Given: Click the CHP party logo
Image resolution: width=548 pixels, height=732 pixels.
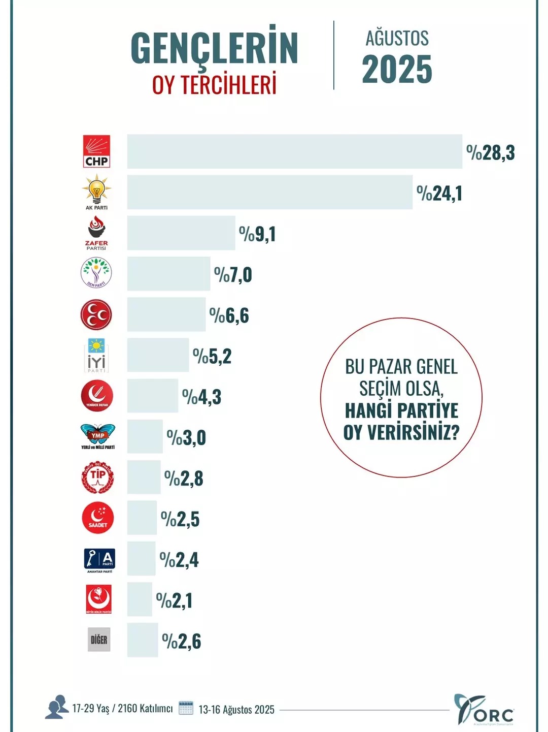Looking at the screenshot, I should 96,151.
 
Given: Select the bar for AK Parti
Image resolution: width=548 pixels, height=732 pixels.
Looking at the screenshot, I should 269,192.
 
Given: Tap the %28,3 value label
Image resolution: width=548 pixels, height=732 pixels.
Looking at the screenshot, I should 490,152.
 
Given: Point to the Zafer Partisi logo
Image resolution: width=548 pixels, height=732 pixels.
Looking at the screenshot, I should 96,233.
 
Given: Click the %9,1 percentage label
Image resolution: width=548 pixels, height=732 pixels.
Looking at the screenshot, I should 257,234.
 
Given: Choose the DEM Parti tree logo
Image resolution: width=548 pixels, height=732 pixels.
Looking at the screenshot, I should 96,273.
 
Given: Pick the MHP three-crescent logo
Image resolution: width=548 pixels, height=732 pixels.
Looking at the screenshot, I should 96,314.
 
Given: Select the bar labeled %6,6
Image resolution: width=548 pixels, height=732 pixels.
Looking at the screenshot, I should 166,314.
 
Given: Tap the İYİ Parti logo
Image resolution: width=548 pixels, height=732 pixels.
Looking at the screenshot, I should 96,355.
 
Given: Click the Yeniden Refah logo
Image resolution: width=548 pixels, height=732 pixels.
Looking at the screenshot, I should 96,396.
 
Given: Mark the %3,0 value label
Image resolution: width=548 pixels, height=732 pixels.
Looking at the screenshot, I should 186,437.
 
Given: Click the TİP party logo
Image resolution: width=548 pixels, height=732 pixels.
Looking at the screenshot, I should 97,478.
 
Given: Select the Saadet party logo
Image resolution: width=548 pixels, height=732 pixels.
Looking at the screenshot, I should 97,518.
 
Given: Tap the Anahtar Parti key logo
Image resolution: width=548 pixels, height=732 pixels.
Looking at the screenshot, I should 99,560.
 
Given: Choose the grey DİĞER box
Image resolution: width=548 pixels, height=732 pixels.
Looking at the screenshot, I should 99,640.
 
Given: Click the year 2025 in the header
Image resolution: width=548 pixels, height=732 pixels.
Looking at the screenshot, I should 397,70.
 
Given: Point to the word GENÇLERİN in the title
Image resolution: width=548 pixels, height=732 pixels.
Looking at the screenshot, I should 214,48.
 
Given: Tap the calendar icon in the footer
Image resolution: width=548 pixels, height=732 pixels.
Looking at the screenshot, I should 186,708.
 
